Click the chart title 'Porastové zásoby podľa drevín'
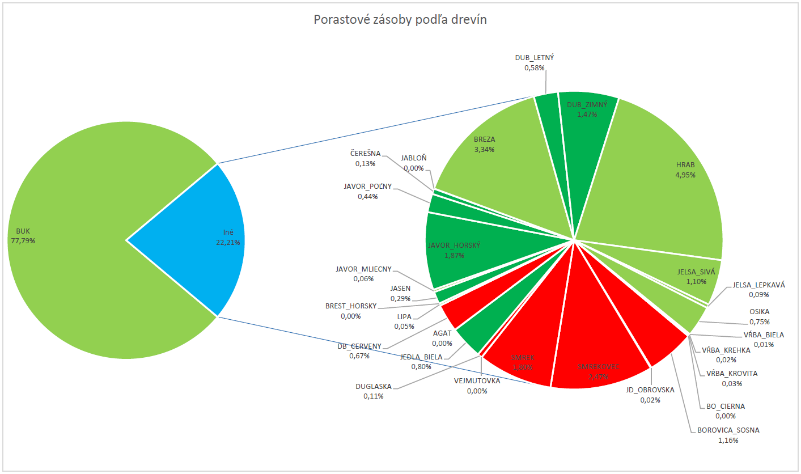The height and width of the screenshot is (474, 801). point(400,20)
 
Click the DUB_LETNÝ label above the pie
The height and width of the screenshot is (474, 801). point(534,57)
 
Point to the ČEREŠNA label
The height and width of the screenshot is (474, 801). point(366,153)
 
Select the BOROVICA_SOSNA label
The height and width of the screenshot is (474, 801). point(728,430)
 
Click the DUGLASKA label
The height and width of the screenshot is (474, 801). point(374,386)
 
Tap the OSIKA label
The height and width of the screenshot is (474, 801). point(759,311)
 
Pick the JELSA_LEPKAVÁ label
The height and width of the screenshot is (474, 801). point(758,285)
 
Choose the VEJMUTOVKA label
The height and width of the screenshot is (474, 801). point(477,380)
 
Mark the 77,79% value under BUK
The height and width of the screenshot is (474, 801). point(23,241)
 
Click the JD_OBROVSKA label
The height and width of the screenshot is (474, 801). point(650,390)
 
